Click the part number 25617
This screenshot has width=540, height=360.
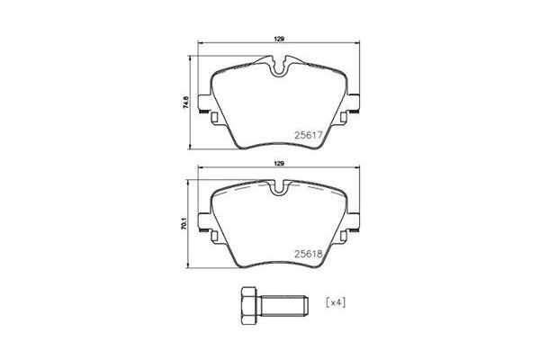309,137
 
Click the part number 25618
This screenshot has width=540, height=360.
309,255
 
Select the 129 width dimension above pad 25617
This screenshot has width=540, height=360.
279,37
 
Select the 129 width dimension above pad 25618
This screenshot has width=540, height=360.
279,163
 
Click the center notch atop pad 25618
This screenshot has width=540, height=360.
279,187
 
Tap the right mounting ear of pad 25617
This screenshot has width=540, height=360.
355,100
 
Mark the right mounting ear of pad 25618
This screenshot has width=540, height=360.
355,217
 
